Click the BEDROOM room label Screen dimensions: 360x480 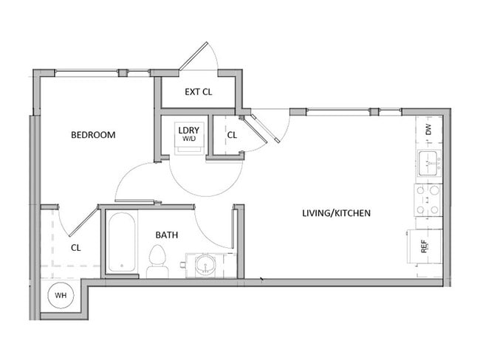coord(93,135)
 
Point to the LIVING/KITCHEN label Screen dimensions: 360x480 coord(336,213)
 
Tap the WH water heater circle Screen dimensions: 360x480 coord(60,297)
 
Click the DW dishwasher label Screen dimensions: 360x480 coord(428,129)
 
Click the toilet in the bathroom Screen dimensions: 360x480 coord(157,260)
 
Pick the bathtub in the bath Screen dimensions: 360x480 coord(122,243)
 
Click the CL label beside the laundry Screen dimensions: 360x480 coord(232,135)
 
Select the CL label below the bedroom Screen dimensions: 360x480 coord(75,248)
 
